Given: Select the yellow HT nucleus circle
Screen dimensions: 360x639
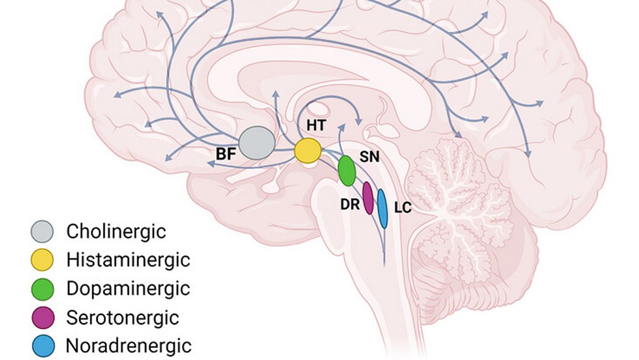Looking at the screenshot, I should click(x=308, y=151).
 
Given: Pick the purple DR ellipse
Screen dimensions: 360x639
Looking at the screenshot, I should click(x=367, y=198).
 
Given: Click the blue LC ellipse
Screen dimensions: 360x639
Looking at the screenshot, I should click(x=382, y=208).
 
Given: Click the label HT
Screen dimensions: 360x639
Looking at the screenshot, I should click(x=313, y=126).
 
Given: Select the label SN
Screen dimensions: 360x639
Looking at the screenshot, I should click(x=369, y=158).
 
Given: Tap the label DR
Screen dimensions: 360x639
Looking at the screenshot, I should click(x=348, y=203).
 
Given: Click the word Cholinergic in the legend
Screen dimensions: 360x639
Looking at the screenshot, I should click(x=116, y=231).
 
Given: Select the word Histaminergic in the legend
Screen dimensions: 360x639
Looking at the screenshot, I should click(x=128, y=259).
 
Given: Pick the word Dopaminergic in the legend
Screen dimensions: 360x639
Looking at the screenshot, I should click(x=128, y=288).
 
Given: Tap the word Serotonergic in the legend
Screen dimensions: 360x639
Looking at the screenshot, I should click(x=122, y=317).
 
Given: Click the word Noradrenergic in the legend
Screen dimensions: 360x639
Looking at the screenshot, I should click(x=129, y=345).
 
